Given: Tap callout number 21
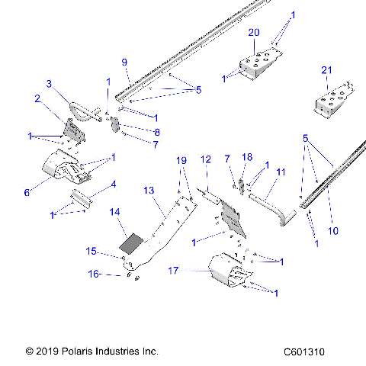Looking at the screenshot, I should coord(326,70).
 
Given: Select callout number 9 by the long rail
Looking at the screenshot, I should coord(124,63).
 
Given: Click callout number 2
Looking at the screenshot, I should coord(35,98).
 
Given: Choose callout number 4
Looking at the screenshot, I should coord(113,184).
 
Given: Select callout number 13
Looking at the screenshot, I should coord(149,190).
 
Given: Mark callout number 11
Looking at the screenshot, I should coord(281,172).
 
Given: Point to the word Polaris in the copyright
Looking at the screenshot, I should coord(79,352).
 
